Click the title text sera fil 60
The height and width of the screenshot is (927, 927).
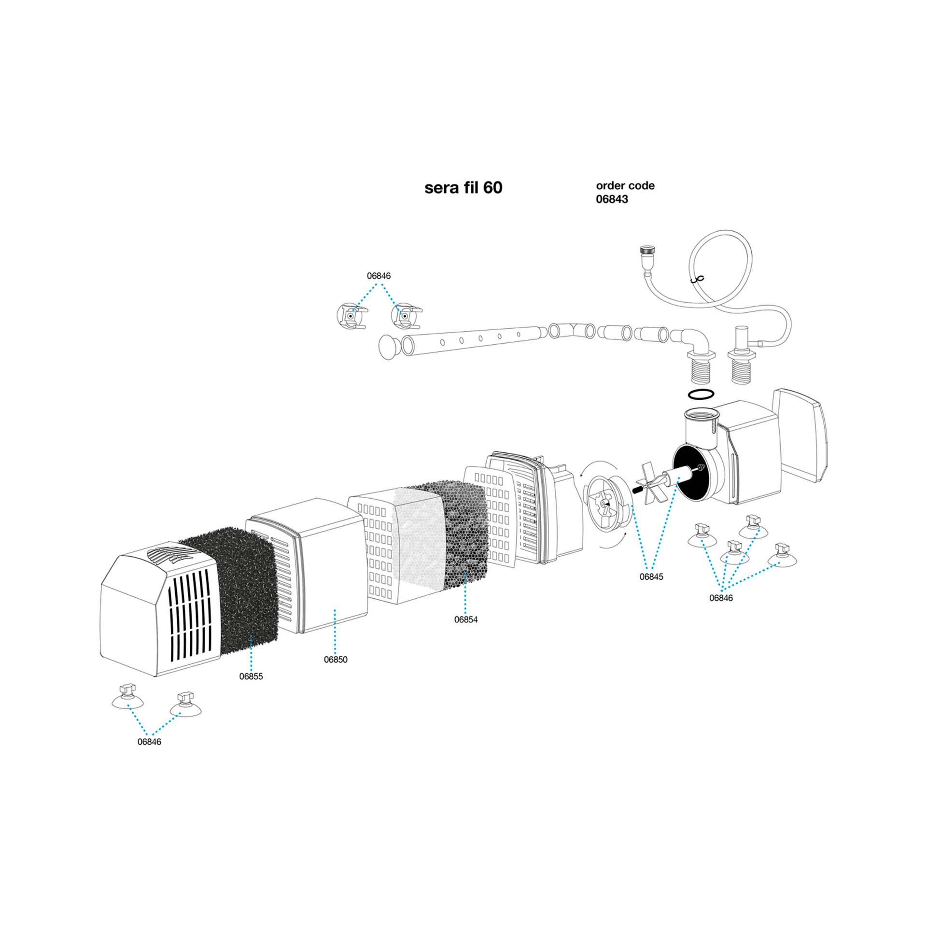463,188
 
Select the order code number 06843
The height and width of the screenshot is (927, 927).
612,199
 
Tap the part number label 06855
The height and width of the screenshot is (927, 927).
251,676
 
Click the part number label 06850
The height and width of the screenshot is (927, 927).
336,660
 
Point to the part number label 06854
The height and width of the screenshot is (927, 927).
466,619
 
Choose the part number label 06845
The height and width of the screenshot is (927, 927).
651,576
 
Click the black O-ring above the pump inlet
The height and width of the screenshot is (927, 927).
701,394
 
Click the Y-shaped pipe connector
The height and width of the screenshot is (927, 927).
573,331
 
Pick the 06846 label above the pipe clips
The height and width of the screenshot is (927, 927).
379,276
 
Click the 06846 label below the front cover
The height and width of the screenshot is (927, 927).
149,742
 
